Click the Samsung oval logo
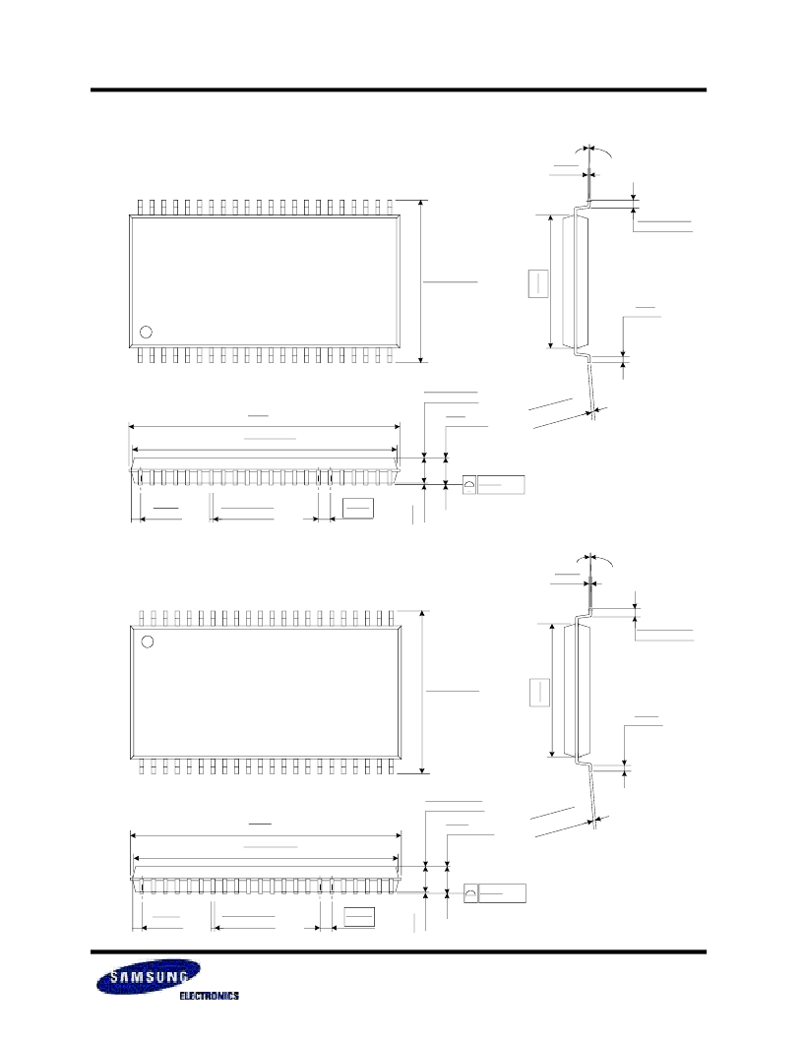click(149, 977)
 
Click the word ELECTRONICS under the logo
click(210, 996)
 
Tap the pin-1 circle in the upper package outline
click(147, 332)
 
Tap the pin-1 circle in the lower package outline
click(148, 642)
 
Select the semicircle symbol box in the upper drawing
click(469, 484)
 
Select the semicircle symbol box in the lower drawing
click(470, 893)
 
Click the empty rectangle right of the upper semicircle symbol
click(501, 484)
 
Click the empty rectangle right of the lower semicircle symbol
click(502, 893)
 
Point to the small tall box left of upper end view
click(538, 283)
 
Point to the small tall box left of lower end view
click(540, 693)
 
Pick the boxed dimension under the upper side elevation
click(358, 508)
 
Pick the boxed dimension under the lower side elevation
click(360, 916)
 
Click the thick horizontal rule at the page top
click(399, 90)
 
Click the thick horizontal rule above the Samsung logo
click(399, 952)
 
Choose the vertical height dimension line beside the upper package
click(421, 281)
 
